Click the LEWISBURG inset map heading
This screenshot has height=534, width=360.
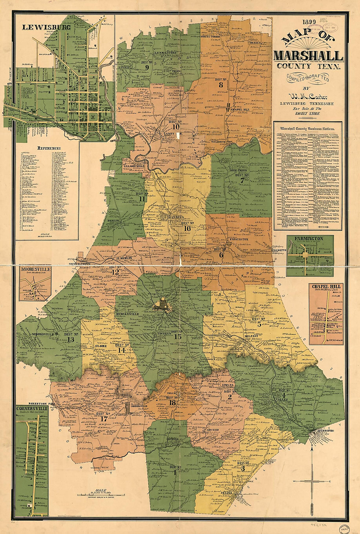[46, 28]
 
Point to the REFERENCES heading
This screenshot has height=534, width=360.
[49, 148]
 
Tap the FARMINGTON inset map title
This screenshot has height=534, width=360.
[309, 238]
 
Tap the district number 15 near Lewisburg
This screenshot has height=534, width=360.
[178, 336]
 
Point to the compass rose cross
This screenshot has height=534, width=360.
[313, 481]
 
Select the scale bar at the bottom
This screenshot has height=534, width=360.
[100, 494]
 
